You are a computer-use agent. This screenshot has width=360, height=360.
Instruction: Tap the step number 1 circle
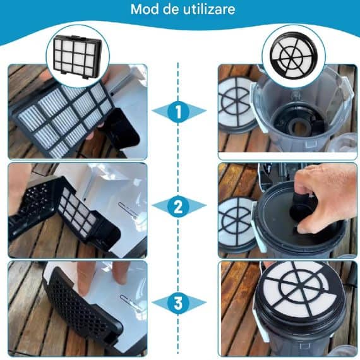[178, 112]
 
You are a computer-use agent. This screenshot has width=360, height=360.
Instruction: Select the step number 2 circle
[178, 206]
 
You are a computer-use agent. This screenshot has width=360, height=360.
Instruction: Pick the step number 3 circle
[178, 303]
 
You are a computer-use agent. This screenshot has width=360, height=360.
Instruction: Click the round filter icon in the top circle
[293, 55]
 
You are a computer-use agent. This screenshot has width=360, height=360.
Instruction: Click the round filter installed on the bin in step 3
[300, 290]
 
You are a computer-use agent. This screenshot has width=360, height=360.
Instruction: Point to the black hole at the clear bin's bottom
[297, 127]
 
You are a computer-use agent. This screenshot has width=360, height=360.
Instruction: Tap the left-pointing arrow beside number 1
[160, 111]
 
